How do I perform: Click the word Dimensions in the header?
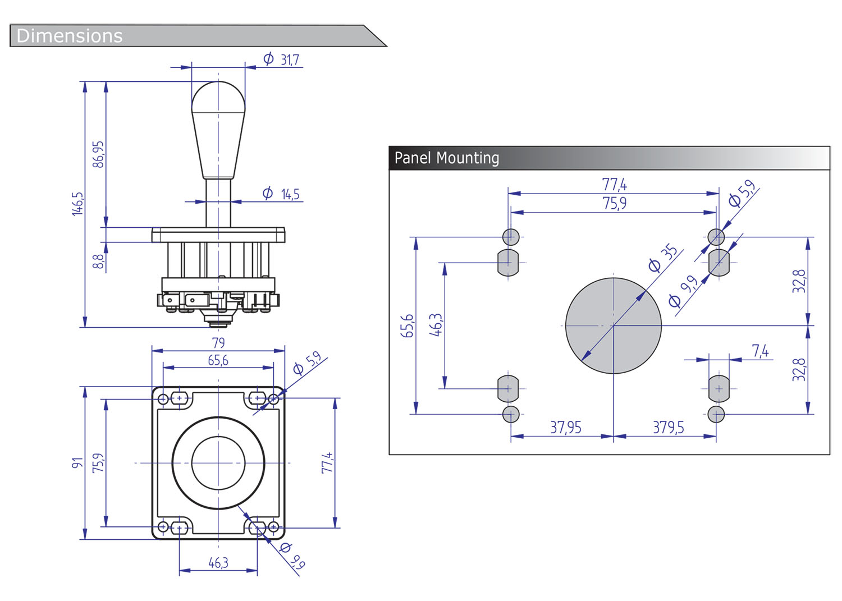point(70,36)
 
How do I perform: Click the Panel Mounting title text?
point(447,158)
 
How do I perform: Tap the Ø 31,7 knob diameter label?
point(282,59)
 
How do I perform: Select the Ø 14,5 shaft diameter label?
point(282,194)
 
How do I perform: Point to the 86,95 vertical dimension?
point(98,154)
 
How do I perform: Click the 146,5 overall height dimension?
point(77,203)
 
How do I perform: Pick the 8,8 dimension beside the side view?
point(98,261)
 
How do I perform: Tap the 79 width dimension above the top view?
point(218,342)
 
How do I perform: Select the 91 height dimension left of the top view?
point(77,463)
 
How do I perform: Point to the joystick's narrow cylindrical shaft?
point(218,202)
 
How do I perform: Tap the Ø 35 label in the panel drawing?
point(663,258)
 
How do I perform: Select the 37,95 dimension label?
point(566,428)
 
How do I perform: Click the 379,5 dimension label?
point(668,428)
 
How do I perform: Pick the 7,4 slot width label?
point(760,351)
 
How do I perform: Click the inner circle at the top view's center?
point(218,463)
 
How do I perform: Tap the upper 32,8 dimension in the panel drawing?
point(799,281)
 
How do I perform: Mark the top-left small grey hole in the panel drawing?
point(510,237)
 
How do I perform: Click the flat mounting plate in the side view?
point(218,235)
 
